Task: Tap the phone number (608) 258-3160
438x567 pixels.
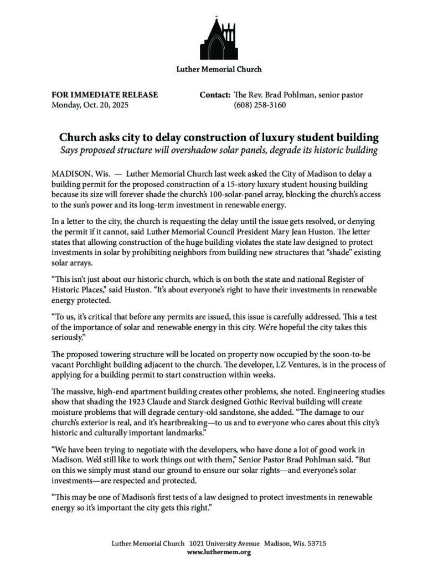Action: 260,105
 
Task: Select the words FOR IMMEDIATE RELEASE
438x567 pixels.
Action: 105,95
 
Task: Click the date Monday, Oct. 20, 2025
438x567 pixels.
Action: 89,105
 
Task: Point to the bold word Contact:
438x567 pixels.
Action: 215,95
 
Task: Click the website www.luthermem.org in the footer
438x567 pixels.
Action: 219,552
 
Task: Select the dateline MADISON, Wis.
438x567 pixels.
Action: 78,173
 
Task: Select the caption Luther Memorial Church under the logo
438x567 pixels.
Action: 219,69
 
